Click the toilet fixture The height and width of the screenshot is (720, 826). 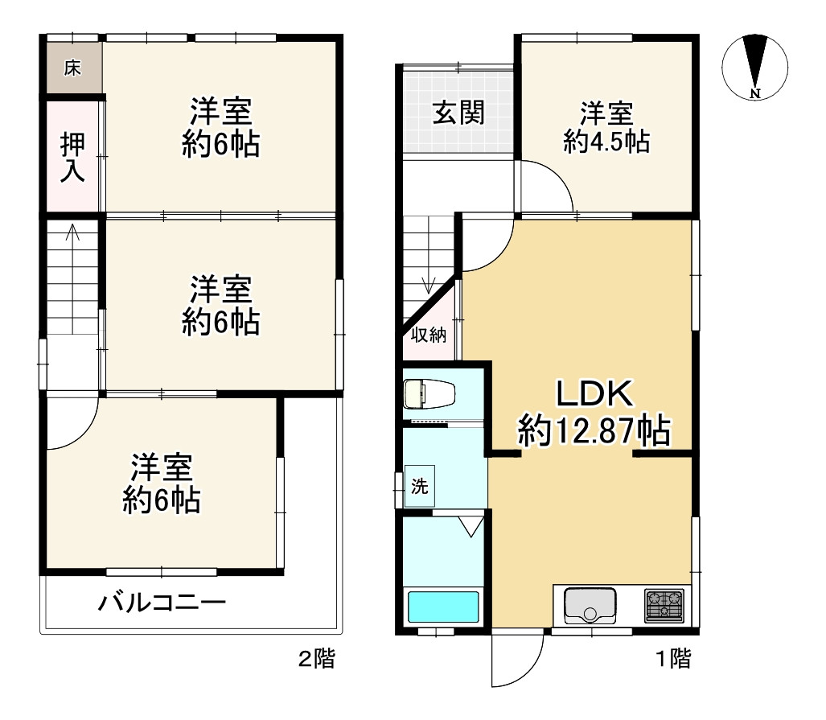tap(428, 394)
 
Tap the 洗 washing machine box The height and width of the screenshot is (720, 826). tap(420, 486)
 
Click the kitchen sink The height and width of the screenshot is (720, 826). tap(590, 606)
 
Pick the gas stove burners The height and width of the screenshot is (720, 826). tap(664, 606)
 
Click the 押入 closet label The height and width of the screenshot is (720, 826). tap(73, 157)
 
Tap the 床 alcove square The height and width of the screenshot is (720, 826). tap(72, 68)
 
